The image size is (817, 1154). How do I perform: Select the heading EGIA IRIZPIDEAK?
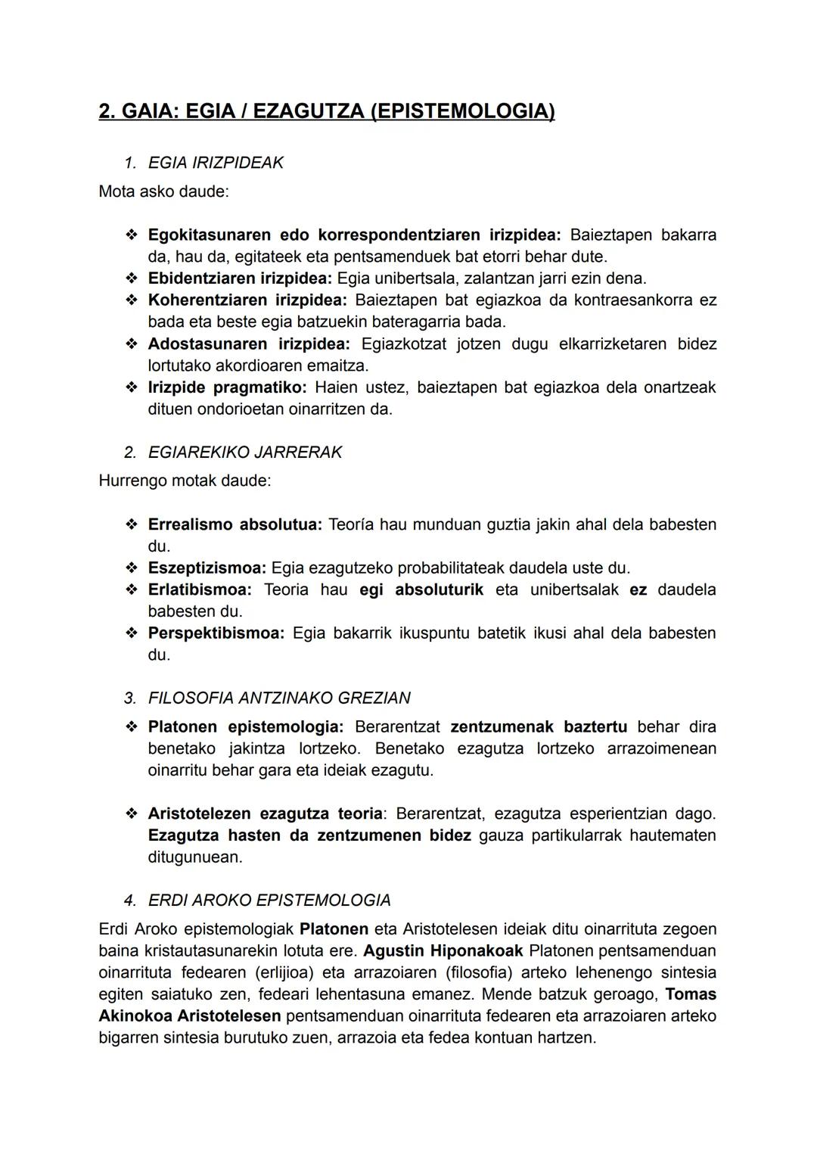click(x=216, y=163)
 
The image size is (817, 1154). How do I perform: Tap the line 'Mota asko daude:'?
click(x=163, y=191)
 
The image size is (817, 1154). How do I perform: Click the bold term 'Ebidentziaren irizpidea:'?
click(x=240, y=278)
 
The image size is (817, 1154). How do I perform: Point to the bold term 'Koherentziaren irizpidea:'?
click(x=247, y=300)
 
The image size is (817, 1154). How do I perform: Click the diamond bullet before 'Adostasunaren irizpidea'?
click(x=132, y=344)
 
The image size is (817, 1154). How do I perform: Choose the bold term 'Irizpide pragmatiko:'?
click(x=227, y=387)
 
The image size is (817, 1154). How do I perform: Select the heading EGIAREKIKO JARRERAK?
click(x=244, y=453)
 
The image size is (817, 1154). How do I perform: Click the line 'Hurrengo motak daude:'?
click(x=185, y=481)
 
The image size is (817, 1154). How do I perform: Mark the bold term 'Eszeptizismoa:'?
click(x=207, y=568)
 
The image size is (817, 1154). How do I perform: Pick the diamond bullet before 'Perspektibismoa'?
click(x=132, y=633)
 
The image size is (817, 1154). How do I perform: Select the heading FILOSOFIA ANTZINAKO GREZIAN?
click(x=279, y=698)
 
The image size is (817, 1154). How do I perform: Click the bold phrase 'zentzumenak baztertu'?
click(x=539, y=727)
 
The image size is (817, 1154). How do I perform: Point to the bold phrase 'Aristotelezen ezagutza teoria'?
click(x=265, y=813)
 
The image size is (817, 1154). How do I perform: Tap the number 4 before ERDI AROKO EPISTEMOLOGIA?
click(x=130, y=900)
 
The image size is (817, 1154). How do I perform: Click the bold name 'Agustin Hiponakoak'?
click(x=443, y=950)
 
